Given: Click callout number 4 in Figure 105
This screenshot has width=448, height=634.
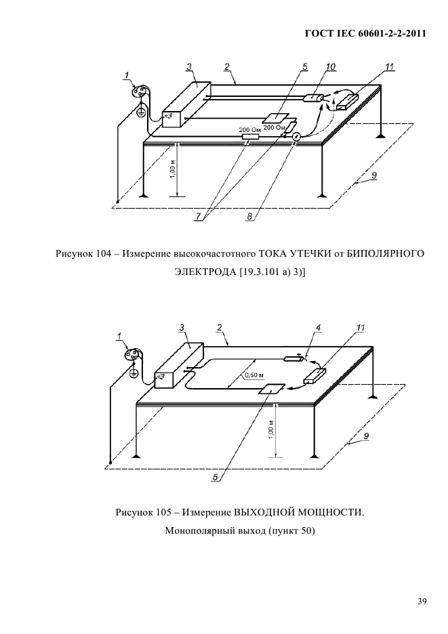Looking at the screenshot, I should click(x=318, y=328).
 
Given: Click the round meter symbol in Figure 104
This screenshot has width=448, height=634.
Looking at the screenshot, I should click(x=297, y=135).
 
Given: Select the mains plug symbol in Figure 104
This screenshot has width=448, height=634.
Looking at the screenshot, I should click(x=141, y=91).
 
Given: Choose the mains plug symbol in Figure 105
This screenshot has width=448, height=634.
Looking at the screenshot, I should click(x=133, y=354).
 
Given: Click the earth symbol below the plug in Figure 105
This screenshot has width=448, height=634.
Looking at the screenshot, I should click(x=133, y=373).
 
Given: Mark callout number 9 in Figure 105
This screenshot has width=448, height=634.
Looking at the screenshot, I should click(x=366, y=437).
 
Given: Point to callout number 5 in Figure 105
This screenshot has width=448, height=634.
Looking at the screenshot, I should click(x=216, y=477).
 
